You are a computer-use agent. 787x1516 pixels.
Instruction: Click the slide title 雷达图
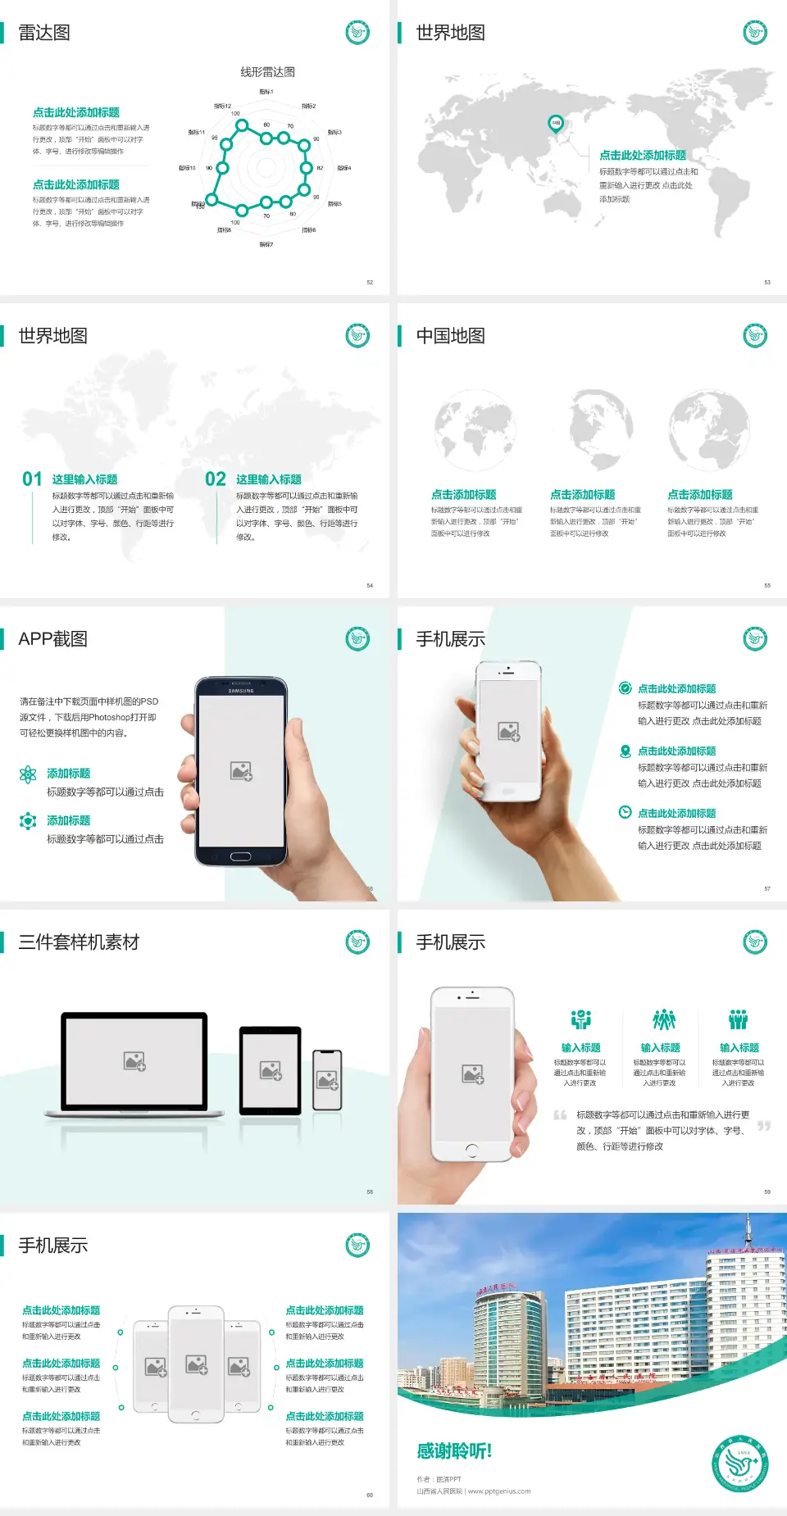[x=44, y=33]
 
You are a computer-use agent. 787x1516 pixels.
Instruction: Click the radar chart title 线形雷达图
[x=267, y=72]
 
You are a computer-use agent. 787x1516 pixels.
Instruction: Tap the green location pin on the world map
[x=555, y=123]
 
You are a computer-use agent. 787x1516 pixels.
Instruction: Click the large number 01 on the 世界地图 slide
[x=32, y=479]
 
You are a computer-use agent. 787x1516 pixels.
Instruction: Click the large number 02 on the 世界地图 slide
[x=216, y=479]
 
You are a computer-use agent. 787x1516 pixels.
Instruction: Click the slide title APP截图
[x=53, y=639]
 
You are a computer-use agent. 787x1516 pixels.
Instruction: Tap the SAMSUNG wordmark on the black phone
[x=241, y=691]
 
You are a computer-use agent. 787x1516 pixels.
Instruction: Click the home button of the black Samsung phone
[x=240, y=856]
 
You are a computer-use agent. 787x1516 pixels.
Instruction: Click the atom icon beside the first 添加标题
[x=28, y=774]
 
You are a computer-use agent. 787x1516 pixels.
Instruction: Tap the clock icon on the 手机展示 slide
[x=625, y=812]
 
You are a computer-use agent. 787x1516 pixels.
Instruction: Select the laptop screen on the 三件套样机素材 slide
[x=134, y=1060]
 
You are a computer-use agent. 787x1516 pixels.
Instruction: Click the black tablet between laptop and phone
[x=270, y=1069]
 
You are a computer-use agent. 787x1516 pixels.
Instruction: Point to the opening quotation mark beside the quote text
[x=560, y=1115]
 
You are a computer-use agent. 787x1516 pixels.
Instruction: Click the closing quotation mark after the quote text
[x=763, y=1126]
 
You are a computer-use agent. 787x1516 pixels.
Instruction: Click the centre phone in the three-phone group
[x=196, y=1364]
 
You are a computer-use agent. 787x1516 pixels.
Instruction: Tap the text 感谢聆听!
[x=454, y=1451]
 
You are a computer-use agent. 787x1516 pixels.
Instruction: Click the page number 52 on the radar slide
[x=370, y=282]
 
